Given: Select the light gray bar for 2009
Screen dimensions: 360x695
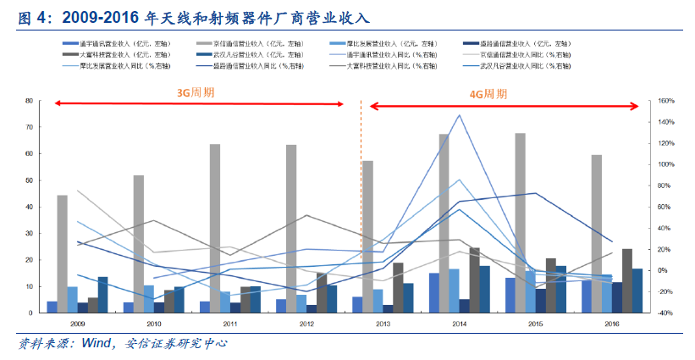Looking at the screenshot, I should pos(63,254).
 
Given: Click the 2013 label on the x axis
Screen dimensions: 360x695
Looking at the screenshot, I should pos(383,324).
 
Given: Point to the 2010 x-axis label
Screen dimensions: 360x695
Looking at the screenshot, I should pos(154,324).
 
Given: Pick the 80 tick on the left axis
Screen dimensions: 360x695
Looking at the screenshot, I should pos(30,101).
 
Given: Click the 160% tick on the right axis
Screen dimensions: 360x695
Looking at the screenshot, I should pos(665,101).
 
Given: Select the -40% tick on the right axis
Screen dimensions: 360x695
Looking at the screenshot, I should pos(665,313).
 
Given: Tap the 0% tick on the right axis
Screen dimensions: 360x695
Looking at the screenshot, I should pos(662,270).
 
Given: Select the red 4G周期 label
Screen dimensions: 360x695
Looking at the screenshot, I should pos(488,94).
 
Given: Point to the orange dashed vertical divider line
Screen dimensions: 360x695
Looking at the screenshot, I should pos(361,203).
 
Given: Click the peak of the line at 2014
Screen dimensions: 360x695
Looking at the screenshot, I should pos(460,115).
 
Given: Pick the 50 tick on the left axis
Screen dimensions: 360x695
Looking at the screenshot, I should pos(30,180).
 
